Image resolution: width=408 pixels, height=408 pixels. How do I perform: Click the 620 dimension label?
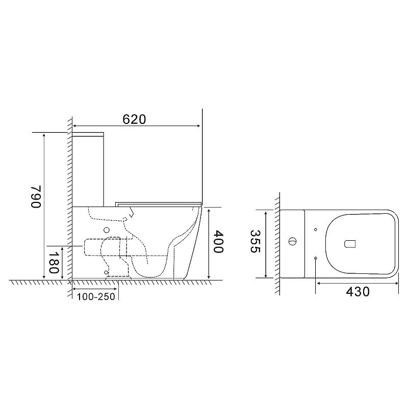tap(134, 119)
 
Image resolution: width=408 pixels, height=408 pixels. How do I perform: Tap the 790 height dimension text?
tap(36, 197)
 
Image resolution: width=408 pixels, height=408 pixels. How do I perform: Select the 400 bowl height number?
tap(218, 242)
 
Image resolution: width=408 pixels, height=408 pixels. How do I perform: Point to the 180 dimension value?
tap(54, 262)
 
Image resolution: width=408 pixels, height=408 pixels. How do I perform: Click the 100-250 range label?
tap(96, 297)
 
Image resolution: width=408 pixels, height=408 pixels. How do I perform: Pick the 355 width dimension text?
tap(255, 241)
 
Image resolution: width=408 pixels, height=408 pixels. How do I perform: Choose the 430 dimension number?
tap(358, 292)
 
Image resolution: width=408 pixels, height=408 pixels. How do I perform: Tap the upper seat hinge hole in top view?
tap(316, 229)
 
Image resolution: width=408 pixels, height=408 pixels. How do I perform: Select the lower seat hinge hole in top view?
tap(316, 258)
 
